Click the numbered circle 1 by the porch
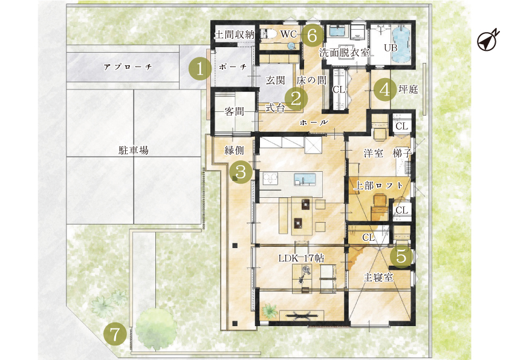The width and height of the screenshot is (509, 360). pos(200,69)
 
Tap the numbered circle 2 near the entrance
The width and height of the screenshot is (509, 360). pos(296,99)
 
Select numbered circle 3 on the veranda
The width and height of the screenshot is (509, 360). pos(241,172)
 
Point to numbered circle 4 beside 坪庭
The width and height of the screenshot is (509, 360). pos(384,90)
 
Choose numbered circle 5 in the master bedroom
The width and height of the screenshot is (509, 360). pos(401,257)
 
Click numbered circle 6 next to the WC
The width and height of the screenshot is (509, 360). pos(312,35)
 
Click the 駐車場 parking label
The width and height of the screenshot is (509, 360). pos(134,151)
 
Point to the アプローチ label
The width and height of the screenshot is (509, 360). pos(128,67)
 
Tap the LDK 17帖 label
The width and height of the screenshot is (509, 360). pos(301,258)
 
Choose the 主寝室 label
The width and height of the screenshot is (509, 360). pos(378,278)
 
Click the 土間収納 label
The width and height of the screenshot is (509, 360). pos(235,34)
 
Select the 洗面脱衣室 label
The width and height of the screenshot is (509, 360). pos(345,53)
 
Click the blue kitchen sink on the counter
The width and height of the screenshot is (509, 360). pos(305,179)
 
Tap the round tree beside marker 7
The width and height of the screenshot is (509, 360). pos(157,328)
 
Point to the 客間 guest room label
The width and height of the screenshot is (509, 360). pos(235,111)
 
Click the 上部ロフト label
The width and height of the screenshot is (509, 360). pos(378,186)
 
